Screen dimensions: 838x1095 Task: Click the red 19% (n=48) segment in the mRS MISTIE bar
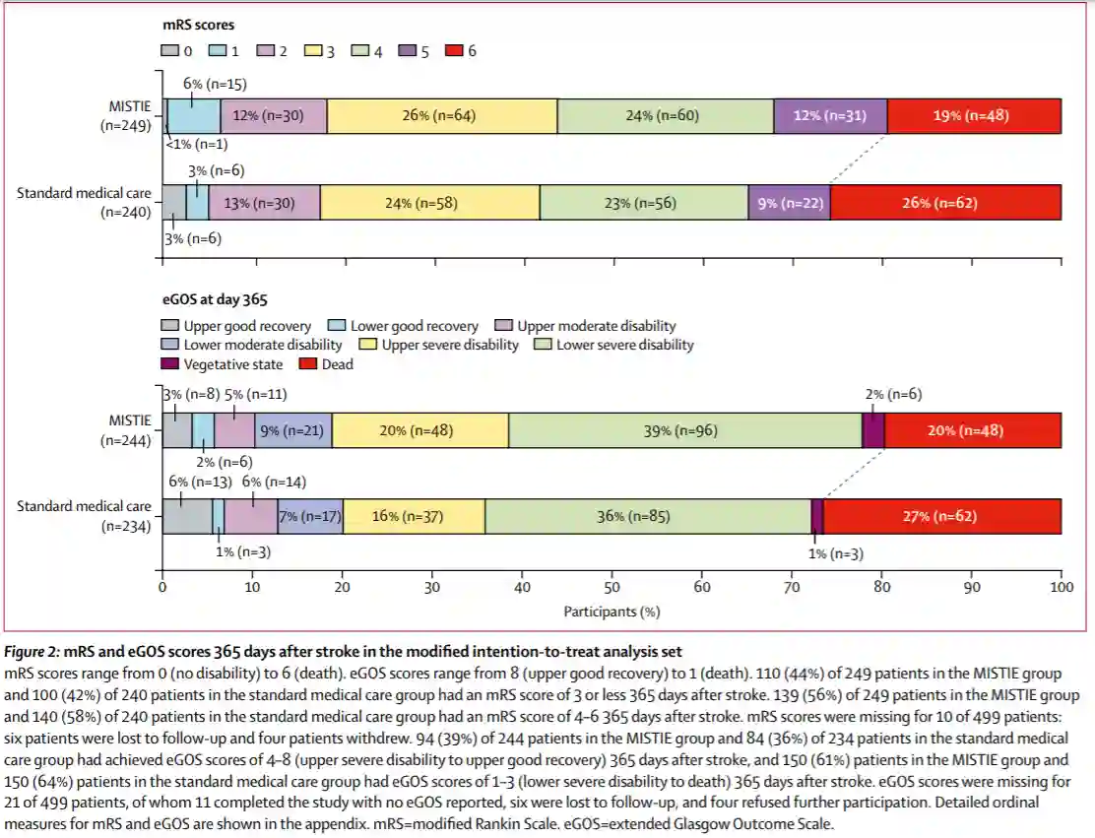(x=973, y=115)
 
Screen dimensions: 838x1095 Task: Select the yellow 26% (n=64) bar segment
(x=442, y=115)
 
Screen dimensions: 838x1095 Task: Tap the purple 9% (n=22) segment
(x=789, y=203)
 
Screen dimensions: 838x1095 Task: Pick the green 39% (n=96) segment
(x=685, y=430)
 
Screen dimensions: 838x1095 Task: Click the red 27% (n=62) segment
(x=941, y=516)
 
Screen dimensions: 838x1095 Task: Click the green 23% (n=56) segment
(x=643, y=203)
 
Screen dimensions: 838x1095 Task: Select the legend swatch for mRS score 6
(x=455, y=50)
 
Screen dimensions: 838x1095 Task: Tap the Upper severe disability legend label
(x=439, y=345)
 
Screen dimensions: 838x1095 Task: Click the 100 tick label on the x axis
(x=1061, y=587)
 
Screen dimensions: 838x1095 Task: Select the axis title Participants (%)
(x=612, y=612)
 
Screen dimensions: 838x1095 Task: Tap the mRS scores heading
(x=198, y=24)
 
